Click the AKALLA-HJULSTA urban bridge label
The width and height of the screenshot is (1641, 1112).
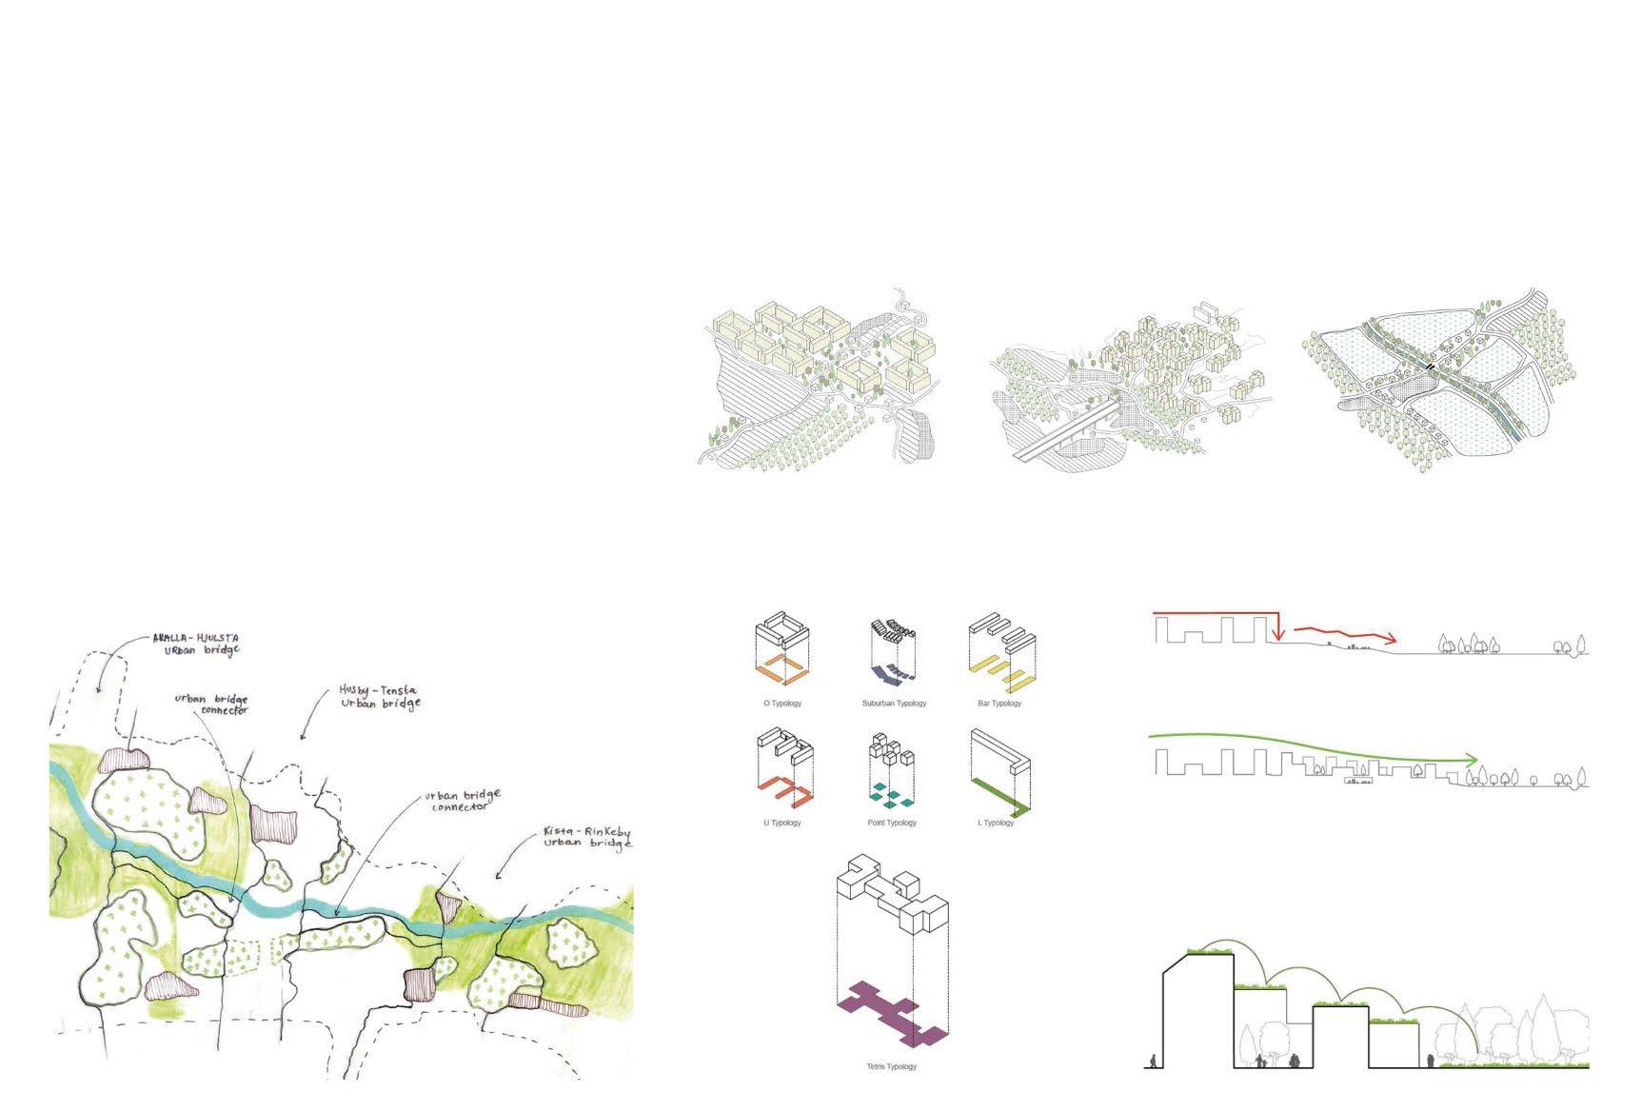tap(196, 645)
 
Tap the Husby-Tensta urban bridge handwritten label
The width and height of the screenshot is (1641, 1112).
tap(379, 697)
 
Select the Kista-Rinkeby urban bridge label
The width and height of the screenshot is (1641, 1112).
tap(585, 837)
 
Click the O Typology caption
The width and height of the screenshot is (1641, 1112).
tap(782, 704)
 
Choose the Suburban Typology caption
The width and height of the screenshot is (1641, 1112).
tap(894, 704)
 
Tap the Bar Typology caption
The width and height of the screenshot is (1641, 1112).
tap(998, 704)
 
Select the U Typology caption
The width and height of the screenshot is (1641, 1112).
tap(781, 823)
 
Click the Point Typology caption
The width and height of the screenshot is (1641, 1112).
tap(892, 823)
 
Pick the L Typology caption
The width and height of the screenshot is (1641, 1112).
tap(996, 823)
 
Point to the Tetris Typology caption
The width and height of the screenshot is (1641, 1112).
tap(892, 1066)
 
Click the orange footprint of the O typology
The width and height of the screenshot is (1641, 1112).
tap(783, 669)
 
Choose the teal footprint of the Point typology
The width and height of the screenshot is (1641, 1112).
tap(892, 791)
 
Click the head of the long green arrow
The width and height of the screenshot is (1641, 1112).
tap(1473, 760)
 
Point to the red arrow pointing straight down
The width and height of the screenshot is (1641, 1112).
tap(1279, 628)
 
